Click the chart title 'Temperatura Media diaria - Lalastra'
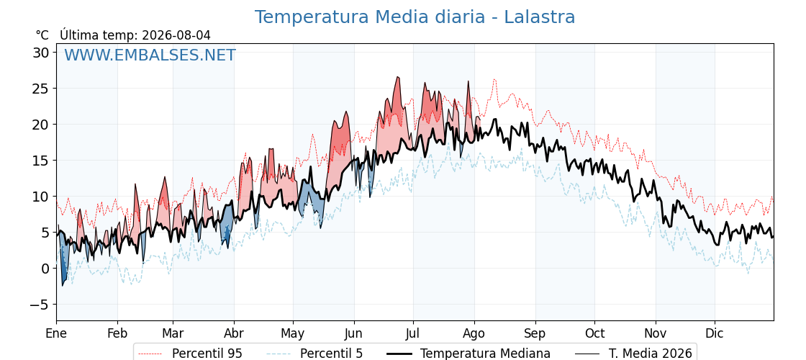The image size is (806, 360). pyautogui.click(x=415, y=17)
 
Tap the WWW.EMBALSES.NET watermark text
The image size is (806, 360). pyautogui.click(x=150, y=55)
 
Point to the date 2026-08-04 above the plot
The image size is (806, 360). pyautogui.click(x=176, y=35)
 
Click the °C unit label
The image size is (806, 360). pyautogui.click(x=42, y=35)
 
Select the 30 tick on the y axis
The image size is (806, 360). pyautogui.click(x=42, y=53)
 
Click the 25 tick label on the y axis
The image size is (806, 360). pyautogui.click(x=42, y=89)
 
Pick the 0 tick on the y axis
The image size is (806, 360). pyautogui.click(x=46, y=269)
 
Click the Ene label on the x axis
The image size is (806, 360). pyautogui.click(x=56, y=333)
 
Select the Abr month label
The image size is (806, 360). pyautogui.click(x=234, y=333)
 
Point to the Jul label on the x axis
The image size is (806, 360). pyautogui.click(x=413, y=333)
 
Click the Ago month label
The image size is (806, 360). pyautogui.click(x=474, y=334)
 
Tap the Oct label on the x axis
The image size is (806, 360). pyautogui.click(x=594, y=333)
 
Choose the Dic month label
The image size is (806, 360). pyautogui.click(x=715, y=333)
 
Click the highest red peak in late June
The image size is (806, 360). pyautogui.click(x=397, y=77)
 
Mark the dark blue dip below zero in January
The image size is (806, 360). pyautogui.click(x=63, y=284)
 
